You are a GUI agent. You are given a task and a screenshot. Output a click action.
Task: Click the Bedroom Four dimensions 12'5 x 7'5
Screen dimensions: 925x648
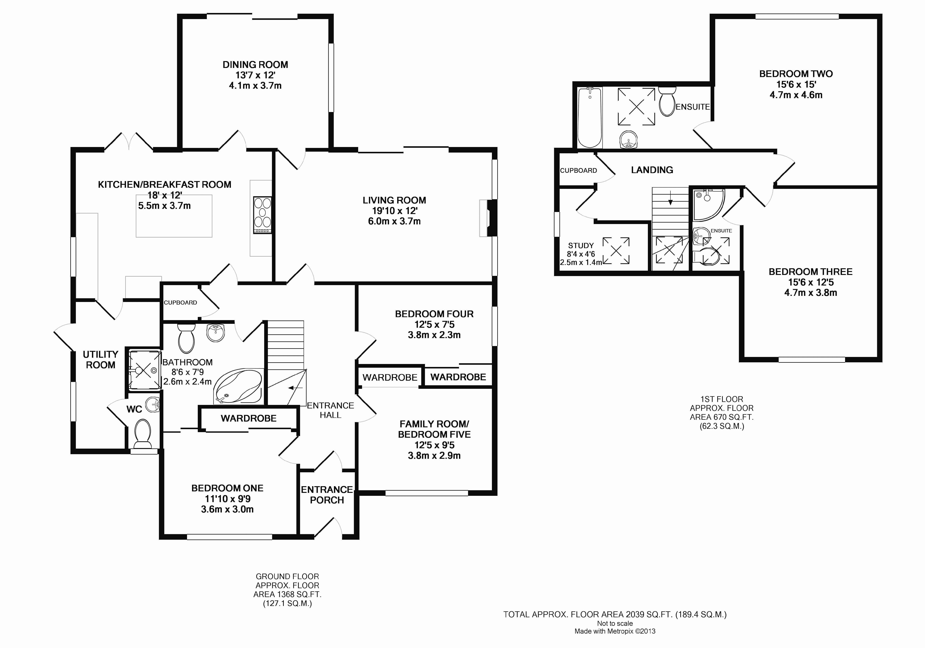click(x=434, y=324)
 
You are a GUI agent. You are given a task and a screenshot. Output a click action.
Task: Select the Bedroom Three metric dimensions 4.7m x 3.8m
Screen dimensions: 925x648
click(x=811, y=293)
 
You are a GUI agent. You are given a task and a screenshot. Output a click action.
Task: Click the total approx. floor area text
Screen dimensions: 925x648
click(x=615, y=614)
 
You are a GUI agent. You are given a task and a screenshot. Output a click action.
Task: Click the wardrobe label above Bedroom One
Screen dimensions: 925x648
click(x=249, y=419)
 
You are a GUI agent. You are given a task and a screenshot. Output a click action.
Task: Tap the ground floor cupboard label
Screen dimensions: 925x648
click(x=181, y=302)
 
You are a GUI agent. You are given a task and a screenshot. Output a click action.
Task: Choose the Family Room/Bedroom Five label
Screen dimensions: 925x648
click(x=434, y=429)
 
